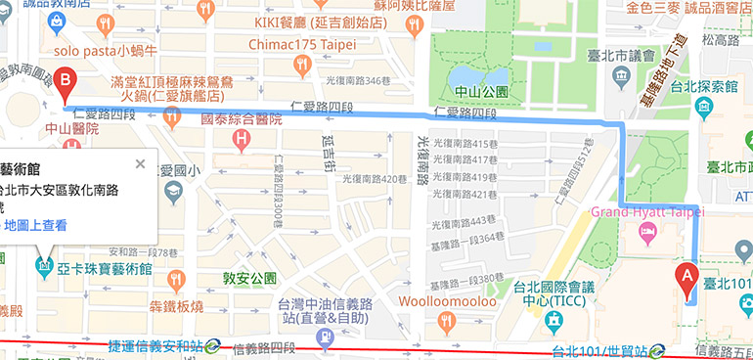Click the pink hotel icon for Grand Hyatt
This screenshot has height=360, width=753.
click(646, 231)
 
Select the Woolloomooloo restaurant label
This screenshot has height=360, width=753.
click(446, 300)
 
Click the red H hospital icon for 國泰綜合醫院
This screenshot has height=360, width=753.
click(242, 142)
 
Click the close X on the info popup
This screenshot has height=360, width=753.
click(140, 163)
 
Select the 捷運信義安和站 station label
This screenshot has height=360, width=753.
click(155, 346)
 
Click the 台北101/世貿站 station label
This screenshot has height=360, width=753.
click(599, 349)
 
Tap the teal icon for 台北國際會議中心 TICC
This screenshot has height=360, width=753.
click(553, 320)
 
